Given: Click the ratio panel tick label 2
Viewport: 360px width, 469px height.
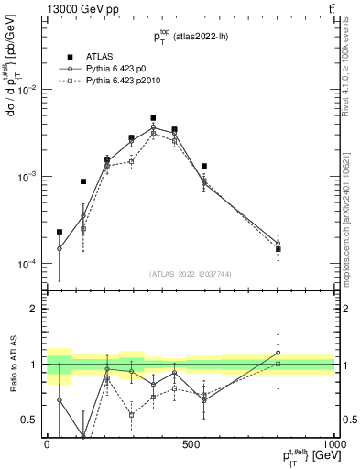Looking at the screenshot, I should (36, 309).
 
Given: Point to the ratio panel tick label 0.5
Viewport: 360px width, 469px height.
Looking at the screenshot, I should (32, 420).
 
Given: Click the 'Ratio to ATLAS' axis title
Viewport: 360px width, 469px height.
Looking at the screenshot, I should (12, 365).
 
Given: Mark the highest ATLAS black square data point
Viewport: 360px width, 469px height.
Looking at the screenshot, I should (153, 118).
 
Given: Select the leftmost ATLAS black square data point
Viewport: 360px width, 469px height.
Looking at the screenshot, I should (60, 232).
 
